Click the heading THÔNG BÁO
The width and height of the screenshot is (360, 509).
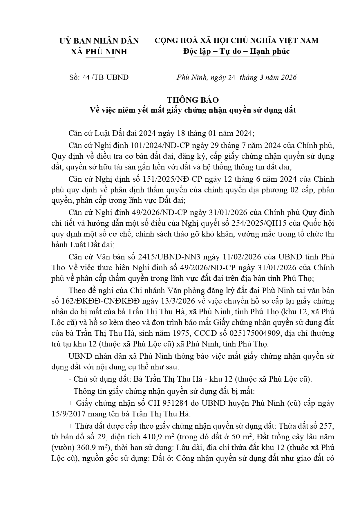(x=193, y=100)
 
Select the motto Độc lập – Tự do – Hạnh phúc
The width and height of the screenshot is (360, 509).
(x=236, y=51)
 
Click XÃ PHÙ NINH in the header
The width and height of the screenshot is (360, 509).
(x=99, y=52)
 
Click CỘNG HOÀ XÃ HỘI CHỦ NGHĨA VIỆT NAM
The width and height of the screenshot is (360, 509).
(x=236, y=40)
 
